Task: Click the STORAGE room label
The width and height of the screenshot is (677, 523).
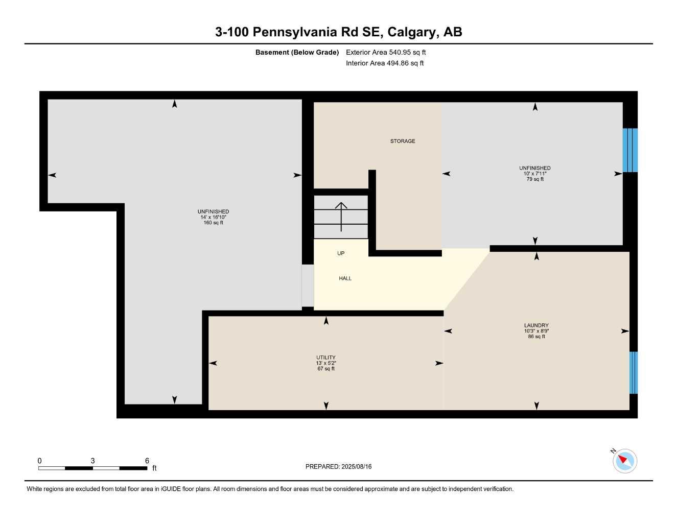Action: point(403,141)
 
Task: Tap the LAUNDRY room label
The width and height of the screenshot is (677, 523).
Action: point(536,325)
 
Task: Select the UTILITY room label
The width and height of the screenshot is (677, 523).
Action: point(325,358)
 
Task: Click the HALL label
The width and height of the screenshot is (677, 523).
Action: point(345,278)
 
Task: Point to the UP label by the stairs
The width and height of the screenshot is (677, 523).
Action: point(341,253)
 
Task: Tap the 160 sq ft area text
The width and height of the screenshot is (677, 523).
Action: point(213,223)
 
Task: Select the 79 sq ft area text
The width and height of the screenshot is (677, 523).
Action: point(535,179)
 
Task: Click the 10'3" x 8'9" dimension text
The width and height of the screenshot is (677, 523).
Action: point(536,331)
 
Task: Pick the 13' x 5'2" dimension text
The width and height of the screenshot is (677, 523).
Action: point(325,363)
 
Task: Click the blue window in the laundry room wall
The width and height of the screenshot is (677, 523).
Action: point(634,372)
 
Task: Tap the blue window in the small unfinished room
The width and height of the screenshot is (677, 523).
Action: point(630,150)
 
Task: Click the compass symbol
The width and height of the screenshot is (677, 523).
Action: point(624,461)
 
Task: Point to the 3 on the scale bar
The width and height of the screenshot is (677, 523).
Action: point(92,461)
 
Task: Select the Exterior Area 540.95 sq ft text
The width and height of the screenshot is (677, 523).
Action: point(386,52)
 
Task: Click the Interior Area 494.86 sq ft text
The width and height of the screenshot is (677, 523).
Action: point(385,63)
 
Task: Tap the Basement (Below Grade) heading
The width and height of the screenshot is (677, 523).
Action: point(297,52)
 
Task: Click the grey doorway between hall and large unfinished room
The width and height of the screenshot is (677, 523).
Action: point(308,286)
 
